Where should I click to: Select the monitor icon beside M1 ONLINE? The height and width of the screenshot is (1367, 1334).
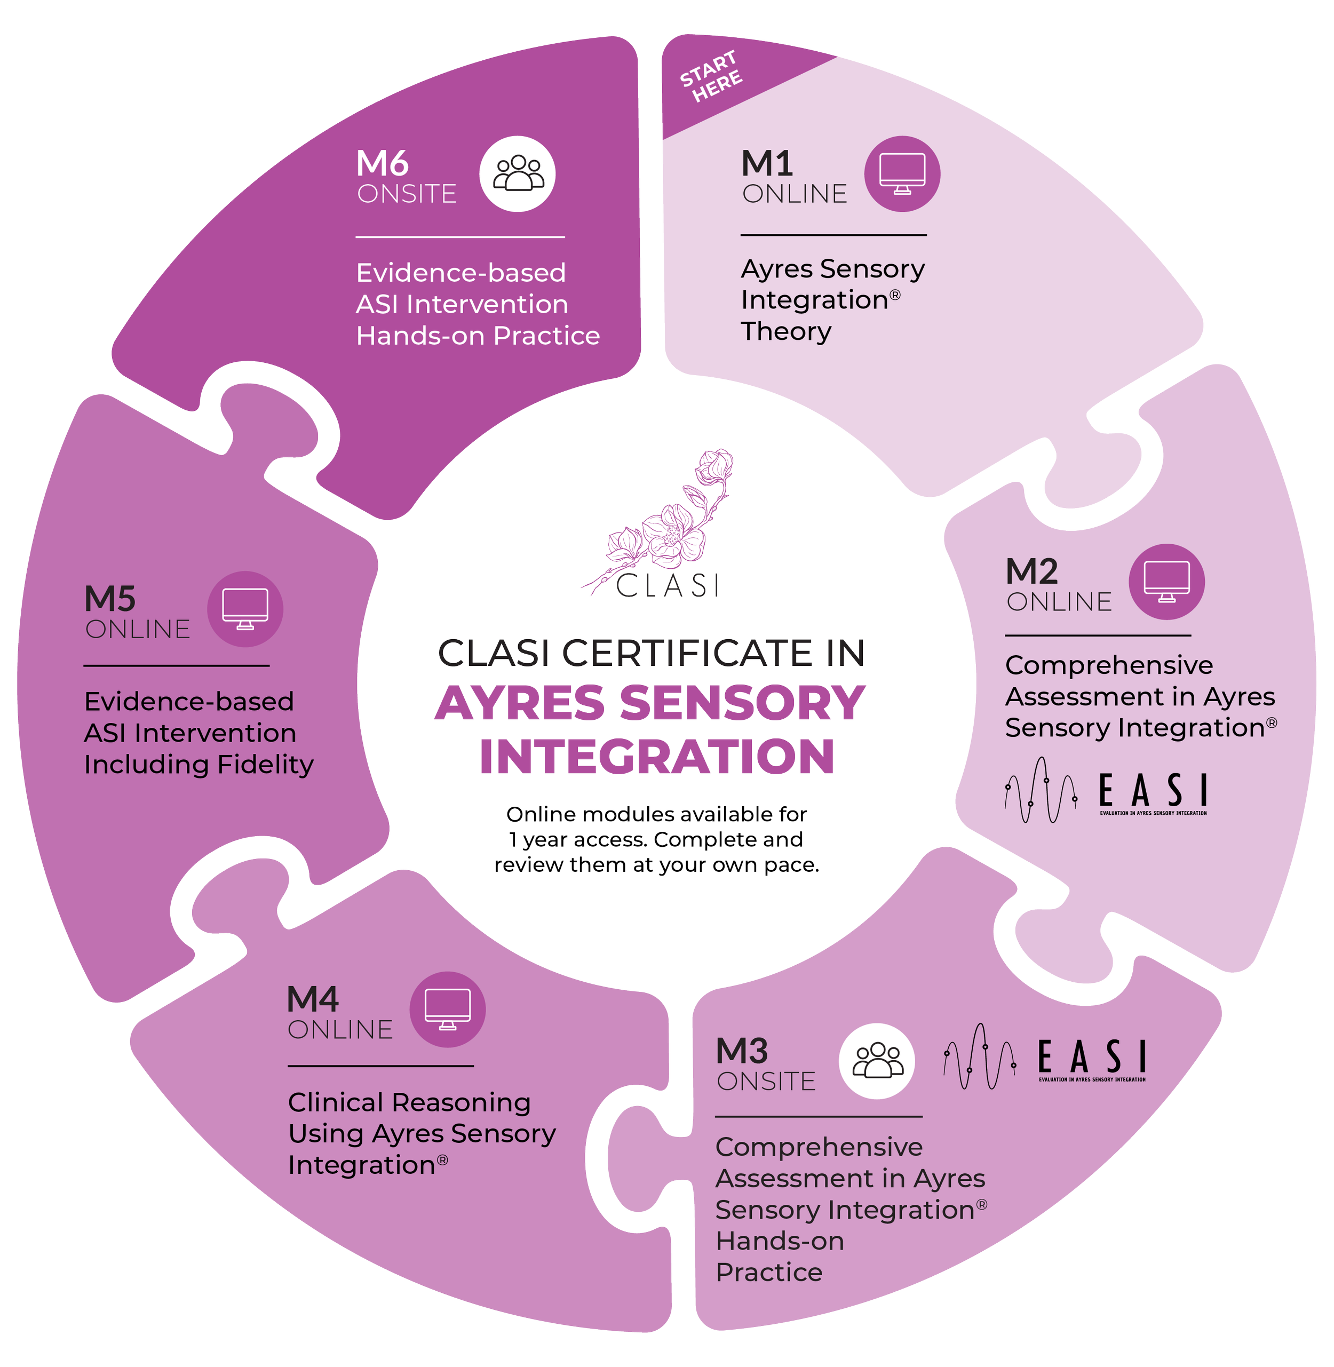[x=902, y=174]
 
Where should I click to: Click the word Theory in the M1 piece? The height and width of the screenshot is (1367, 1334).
[x=786, y=331]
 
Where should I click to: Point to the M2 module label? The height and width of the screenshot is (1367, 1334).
[x=1031, y=572]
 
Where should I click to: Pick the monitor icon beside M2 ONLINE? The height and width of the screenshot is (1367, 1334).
[x=1166, y=582]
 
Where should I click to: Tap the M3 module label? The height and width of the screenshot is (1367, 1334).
[x=742, y=1052]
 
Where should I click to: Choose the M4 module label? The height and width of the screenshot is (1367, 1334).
[x=313, y=1000]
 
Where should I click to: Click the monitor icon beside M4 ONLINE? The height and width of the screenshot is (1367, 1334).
[x=448, y=1010]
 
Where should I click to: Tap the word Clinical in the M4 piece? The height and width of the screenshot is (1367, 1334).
[x=336, y=1102]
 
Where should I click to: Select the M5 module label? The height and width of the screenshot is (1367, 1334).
[x=110, y=599]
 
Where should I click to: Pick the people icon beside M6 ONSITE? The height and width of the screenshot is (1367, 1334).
[x=518, y=174]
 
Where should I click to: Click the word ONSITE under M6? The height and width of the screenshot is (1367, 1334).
[x=407, y=194]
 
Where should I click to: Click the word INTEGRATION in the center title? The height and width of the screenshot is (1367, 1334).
[x=657, y=757]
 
